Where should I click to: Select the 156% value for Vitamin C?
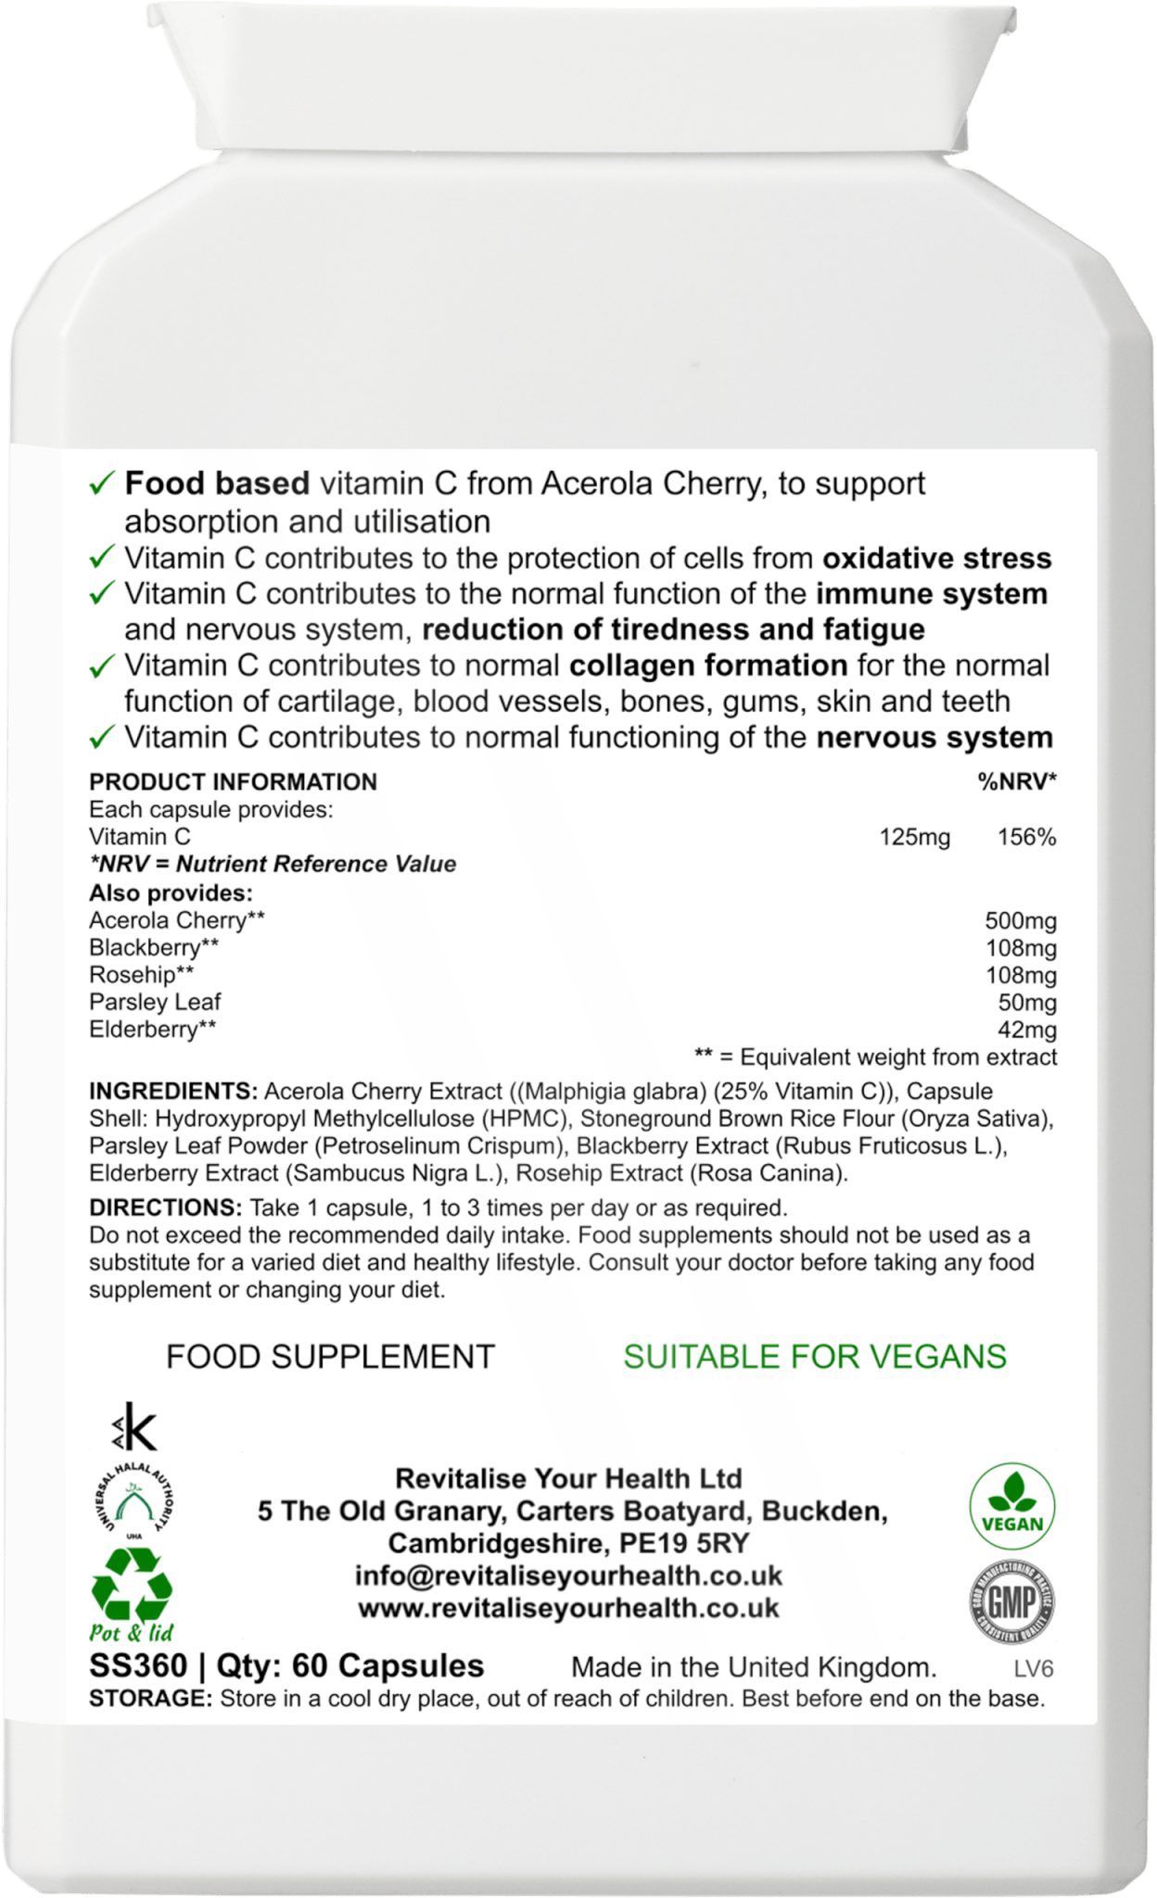(1026, 838)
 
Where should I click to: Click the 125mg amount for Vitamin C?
(914, 838)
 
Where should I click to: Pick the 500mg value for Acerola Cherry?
(1020, 921)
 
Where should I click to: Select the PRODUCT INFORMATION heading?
(233, 782)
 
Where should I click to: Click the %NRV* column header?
(1017, 782)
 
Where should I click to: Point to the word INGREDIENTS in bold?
(173, 1091)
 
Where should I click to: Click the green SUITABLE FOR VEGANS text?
(815, 1357)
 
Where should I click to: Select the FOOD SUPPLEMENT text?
(330, 1357)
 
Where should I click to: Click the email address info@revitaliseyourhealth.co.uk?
(568, 1575)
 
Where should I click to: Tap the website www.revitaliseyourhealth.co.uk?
(568, 1608)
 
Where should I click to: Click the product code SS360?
(137, 1665)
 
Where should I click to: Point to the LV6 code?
(1034, 1669)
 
